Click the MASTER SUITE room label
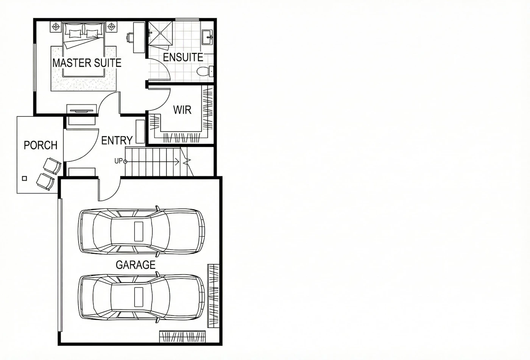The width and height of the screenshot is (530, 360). point(87,63)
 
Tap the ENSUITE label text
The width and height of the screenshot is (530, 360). point(183,57)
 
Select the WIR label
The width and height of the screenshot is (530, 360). point(182,110)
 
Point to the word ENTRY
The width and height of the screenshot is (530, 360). point(117,140)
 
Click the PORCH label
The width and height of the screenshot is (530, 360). point(41,145)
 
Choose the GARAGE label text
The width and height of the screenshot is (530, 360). point(136,265)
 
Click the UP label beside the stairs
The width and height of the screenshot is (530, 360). point(118,161)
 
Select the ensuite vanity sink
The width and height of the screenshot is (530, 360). point(207,37)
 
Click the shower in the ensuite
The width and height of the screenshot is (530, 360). point(161,33)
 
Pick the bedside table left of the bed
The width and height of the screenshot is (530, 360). point(56,27)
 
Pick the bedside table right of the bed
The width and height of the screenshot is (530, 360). point(111,27)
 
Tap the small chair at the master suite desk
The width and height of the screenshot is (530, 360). point(130,37)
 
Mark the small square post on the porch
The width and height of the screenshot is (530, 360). point(24,179)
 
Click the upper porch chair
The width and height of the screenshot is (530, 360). point(52,165)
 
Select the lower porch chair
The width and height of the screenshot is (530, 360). point(45,182)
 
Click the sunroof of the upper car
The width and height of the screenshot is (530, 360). point(139,231)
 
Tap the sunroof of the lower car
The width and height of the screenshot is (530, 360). point(139,297)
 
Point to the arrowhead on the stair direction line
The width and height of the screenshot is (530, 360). point(177,162)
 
